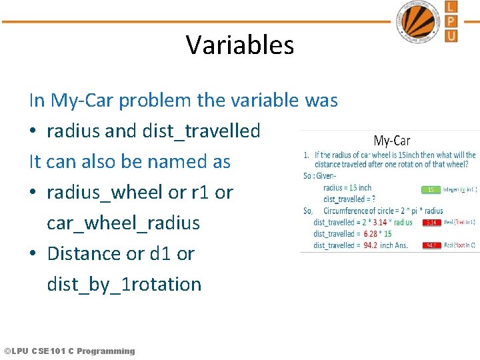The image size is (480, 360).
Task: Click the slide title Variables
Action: [240, 45]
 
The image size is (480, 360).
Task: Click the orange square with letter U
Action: [451, 35]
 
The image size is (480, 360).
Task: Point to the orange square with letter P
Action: [451, 21]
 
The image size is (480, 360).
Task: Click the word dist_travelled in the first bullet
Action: [201, 131]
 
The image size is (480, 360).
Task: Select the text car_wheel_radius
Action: [123, 223]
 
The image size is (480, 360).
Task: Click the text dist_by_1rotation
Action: [124, 285]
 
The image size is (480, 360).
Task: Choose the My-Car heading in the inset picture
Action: [391, 141]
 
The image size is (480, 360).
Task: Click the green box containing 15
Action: [431, 189]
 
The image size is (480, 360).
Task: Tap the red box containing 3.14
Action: [431, 223]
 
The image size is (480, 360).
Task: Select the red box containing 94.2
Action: [431, 245]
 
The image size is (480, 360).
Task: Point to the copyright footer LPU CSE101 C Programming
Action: [69, 351]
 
